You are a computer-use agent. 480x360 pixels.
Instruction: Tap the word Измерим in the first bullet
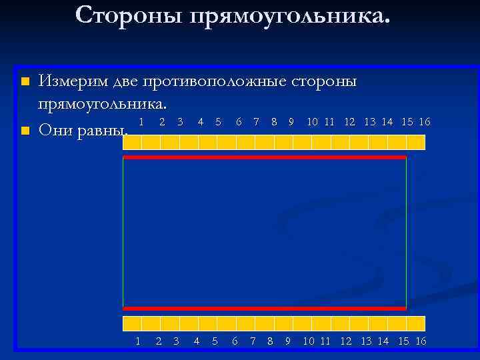click(73, 81)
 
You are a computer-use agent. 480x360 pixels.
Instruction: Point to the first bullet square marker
click(25, 81)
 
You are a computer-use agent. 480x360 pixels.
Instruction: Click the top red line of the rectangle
click(265, 157)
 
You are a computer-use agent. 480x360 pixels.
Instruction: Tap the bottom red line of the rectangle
click(265, 309)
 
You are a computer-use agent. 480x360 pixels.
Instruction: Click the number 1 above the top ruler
click(141, 122)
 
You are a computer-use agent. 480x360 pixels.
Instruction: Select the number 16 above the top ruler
click(425, 122)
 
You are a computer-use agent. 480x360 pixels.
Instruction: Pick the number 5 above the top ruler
click(219, 122)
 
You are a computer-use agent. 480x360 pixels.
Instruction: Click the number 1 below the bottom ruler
click(138, 341)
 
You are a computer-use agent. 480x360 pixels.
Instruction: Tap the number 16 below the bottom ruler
click(421, 341)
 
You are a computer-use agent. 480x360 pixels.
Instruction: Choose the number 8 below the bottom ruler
click(270, 341)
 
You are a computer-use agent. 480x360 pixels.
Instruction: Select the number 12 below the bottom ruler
click(346, 341)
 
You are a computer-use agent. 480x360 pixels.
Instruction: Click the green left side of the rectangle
click(123, 233)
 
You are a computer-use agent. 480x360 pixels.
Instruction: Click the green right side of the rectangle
click(406, 233)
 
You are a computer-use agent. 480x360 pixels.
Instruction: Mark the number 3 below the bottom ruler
click(176, 341)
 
